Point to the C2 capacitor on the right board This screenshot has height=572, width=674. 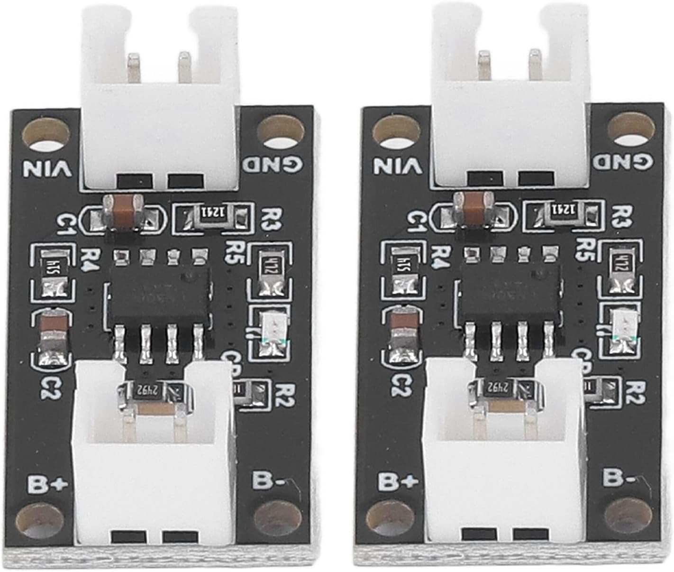point(402,330)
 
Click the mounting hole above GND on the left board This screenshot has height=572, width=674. point(279,129)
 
